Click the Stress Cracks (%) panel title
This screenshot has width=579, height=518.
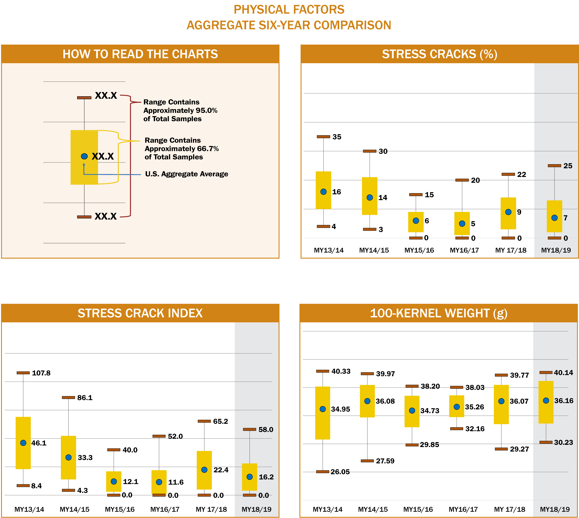(439, 54)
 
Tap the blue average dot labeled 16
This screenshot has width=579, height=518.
(324, 192)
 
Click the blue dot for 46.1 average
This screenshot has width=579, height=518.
(23, 443)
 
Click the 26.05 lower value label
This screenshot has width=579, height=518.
(340, 472)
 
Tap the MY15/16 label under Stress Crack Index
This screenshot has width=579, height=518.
(120, 509)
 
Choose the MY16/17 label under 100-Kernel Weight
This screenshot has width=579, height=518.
(463, 509)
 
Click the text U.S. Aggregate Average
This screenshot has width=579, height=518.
(187, 174)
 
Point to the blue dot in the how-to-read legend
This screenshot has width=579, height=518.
(84, 156)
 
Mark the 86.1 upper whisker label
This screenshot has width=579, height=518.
(85, 398)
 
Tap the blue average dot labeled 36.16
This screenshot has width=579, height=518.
(546, 400)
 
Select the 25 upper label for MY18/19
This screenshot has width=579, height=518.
(568, 166)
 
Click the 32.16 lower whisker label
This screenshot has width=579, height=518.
(475, 429)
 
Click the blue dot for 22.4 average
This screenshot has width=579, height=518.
(204, 470)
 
